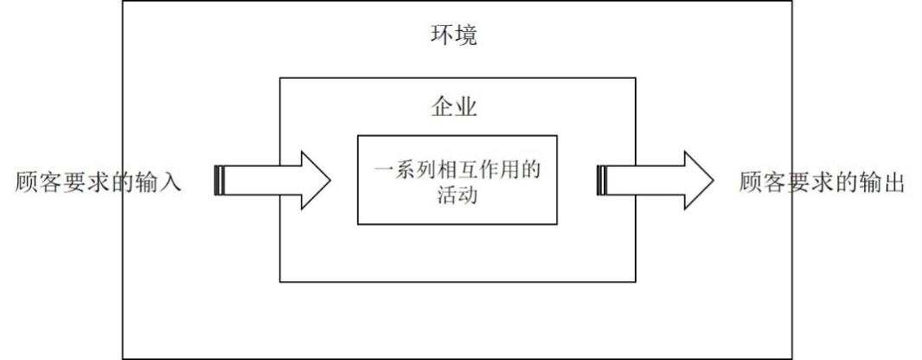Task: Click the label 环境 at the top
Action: pyautogui.click(x=454, y=36)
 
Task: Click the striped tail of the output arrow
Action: pyautogui.click(x=602, y=180)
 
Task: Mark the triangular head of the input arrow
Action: pyautogui.click(x=314, y=180)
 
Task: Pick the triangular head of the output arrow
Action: pyautogui.click(x=697, y=180)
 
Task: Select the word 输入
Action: pyautogui.click(x=161, y=182)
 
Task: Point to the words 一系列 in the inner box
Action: pyautogui.click(x=405, y=170)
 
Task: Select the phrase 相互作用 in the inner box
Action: pyautogui.click(x=480, y=170)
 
